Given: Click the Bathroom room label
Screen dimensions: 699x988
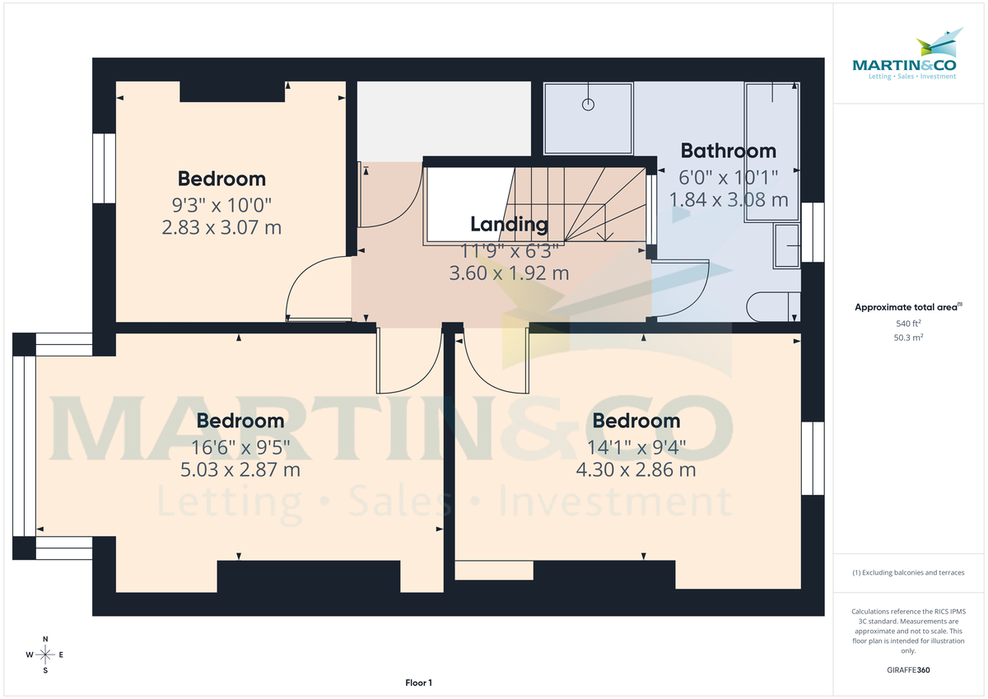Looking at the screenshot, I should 729,151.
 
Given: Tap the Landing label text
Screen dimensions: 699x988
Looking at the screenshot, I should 509,224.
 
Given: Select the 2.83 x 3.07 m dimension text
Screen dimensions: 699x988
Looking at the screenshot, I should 222,226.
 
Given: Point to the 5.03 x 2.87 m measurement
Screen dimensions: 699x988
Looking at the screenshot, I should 240,470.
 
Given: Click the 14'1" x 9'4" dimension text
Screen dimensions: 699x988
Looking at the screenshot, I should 636,448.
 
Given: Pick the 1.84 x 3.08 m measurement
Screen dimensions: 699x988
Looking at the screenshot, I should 729,199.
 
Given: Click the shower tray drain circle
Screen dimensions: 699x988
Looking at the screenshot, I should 588,105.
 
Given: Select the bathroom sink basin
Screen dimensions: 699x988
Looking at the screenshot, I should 786,245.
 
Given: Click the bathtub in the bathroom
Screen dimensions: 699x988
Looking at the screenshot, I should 771,152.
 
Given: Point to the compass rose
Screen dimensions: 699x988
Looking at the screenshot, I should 45,655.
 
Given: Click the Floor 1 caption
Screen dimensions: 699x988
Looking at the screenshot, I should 418,683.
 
